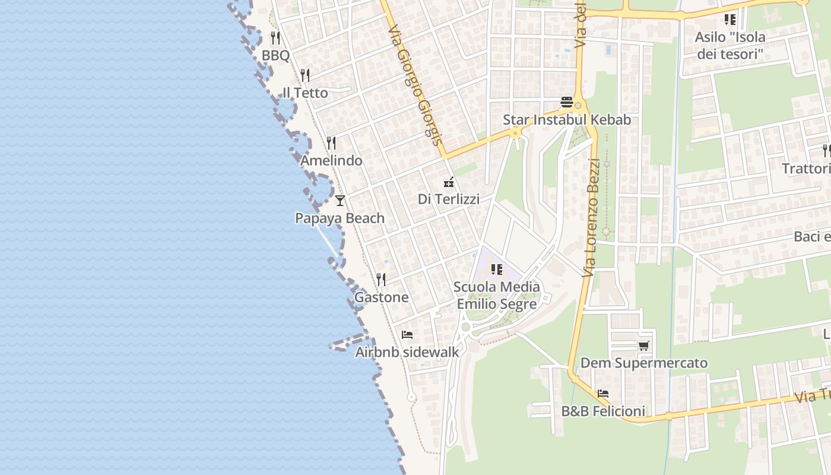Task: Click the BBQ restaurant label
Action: click(x=275, y=56)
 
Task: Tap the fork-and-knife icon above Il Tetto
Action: click(x=305, y=75)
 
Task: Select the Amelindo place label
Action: click(x=331, y=161)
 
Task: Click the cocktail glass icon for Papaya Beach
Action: click(x=340, y=200)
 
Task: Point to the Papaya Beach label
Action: click(x=340, y=218)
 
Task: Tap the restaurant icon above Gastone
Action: click(x=381, y=279)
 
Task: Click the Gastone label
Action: click(x=381, y=297)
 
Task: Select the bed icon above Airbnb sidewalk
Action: click(x=407, y=335)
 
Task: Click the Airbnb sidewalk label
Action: click(x=407, y=352)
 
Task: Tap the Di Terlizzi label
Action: click(x=448, y=199)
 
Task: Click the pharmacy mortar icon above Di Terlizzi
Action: click(x=449, y=182)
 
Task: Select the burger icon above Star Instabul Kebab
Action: click(x=566, y=102)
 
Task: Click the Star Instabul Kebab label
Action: click(x=567, y=120)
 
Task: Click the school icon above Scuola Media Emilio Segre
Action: click(x=497, y=270)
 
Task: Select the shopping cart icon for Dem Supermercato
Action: click(x=643, y=346)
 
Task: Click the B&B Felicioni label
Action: click(x=603, y=411)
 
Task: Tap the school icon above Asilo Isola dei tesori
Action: click(x=730, y=20)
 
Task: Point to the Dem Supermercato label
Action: click(x=644, y=363)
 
